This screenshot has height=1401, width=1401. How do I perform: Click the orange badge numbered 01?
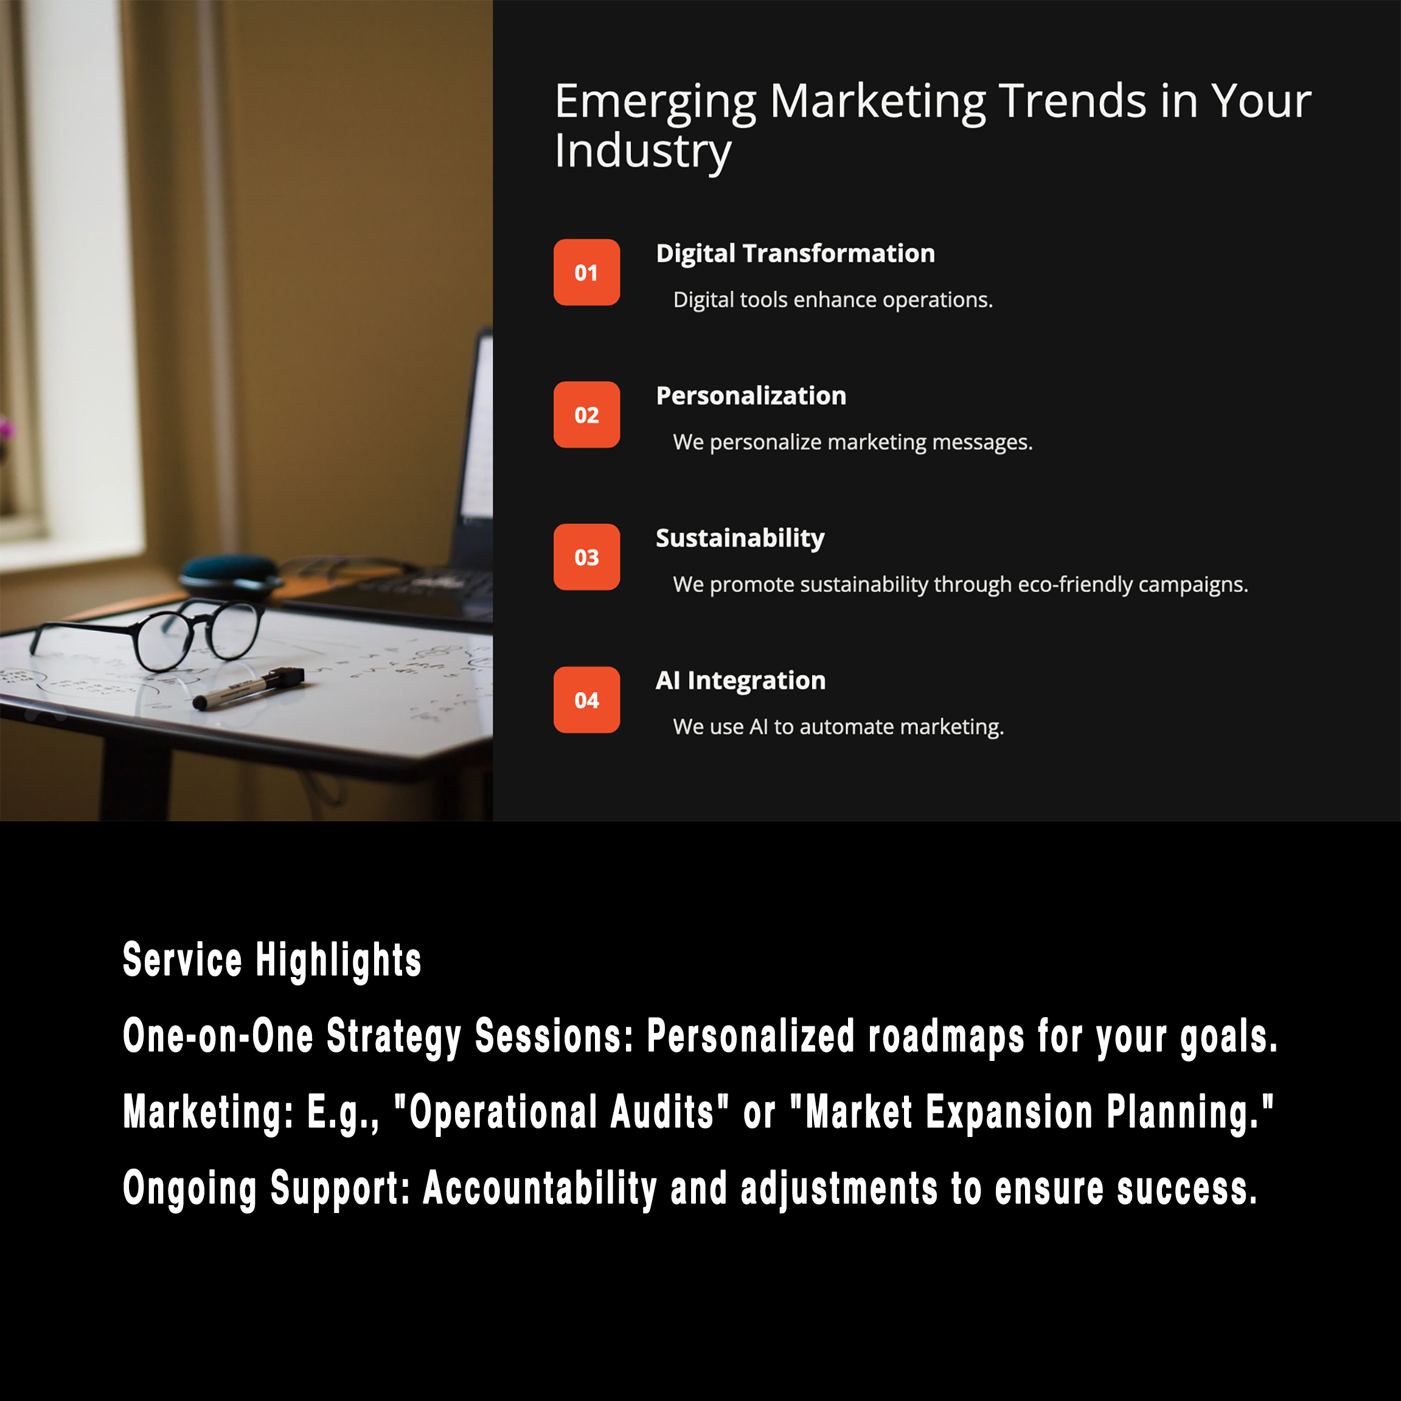pyautogui.click(x=586, y=272)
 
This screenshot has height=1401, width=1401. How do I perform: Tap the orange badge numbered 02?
pyautogui.click(x=586, y=415)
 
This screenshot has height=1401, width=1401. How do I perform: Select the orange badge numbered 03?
pyautogui.click(x=586, y=557)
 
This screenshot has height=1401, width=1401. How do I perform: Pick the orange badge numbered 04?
pyautogui.click(x=586, y=700)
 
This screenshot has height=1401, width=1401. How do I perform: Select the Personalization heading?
pyautogui.click(x=751, y=396)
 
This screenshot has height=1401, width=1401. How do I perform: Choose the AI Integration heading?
pyautogui.click(x=740, y=681)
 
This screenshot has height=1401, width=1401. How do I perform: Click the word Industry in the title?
pyautogui.click(x=643, y=152)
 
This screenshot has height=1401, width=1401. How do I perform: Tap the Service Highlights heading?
pyautogui.click(x=272, y=960)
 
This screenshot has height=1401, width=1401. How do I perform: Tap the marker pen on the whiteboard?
pyautogui.click(x=249, y=687)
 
